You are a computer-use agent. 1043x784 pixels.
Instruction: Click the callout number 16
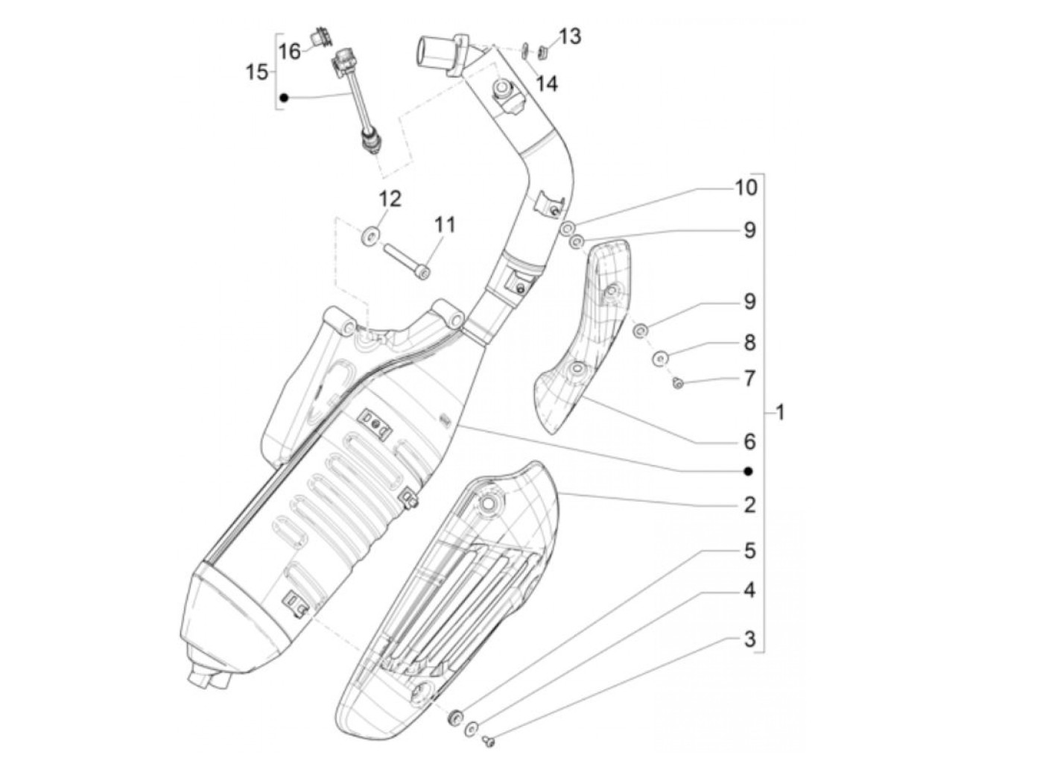289,51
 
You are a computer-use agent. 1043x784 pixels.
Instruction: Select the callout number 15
257,72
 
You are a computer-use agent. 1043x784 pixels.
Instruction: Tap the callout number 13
570,36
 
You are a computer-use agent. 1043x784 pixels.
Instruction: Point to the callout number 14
546,83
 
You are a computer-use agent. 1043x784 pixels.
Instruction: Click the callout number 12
390,198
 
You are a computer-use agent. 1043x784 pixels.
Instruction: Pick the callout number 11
445,224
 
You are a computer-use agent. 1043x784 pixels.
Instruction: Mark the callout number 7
749,379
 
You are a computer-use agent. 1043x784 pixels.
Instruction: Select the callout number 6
749,441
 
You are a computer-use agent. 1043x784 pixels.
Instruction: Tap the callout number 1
780,411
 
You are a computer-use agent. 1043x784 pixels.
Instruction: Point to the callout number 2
749,505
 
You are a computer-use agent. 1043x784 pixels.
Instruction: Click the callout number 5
749,551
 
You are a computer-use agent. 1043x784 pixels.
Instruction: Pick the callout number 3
749,639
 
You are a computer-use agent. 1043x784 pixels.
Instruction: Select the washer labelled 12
370,237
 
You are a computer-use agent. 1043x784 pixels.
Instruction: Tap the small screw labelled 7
678,384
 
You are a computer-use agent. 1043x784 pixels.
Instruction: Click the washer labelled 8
660,358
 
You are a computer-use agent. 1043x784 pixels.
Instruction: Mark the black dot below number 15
284,98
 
